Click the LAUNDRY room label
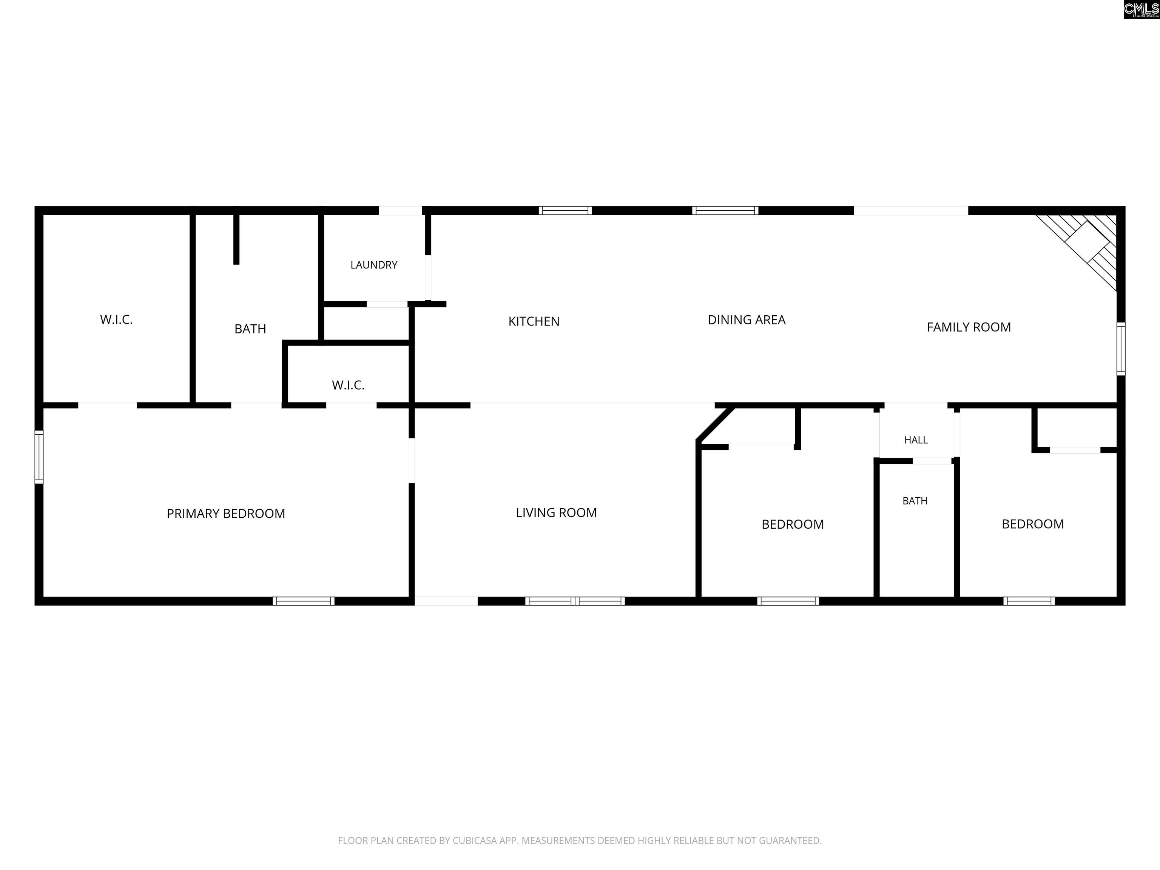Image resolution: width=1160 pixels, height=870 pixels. pos(374,265)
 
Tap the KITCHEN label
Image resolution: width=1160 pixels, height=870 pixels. pos(534,321)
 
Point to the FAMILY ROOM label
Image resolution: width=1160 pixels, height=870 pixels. pos(969,327)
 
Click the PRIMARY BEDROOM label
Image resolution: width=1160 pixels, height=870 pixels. pos(226,514)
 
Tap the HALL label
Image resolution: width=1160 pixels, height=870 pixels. pos(916,440)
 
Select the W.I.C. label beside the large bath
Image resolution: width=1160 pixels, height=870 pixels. pos(116,319)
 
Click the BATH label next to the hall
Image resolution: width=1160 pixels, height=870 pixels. pos(915,501)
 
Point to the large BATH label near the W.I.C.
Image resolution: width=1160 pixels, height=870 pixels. pos(250,329)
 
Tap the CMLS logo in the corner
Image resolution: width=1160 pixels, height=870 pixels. pos(1141,9)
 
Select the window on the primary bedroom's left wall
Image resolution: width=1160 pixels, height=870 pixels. pos(39,457)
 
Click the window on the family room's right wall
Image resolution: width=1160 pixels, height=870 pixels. pos(1121,349)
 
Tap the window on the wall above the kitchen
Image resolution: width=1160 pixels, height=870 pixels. pos(565,210)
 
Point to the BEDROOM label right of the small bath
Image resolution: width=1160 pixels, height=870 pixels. pos(1033,524)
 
